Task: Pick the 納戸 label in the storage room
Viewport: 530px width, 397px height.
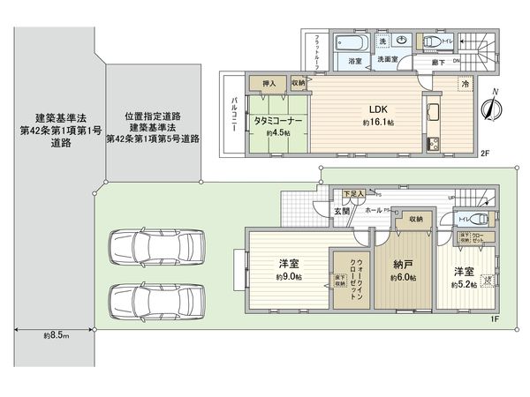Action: point(403,264)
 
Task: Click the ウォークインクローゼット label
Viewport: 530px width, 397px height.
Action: point(353,272)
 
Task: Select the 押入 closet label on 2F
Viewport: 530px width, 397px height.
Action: point(269,83)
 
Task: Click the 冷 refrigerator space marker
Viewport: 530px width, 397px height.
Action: point(466,84)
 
